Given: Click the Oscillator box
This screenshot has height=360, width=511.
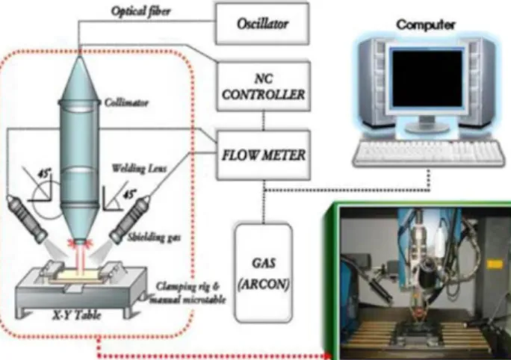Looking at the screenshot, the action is click(x=262, y=23).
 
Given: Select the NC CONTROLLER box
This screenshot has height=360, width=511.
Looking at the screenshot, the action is click(x=263, y=87).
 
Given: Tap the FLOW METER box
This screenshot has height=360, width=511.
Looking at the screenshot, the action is click(x=263, y=155).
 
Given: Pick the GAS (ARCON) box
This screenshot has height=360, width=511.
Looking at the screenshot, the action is click(x=263, y=273).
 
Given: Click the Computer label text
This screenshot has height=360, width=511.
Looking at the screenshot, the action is click(x=425, y=25).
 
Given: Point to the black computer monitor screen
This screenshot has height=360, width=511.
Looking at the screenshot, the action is click(x=427, y=78).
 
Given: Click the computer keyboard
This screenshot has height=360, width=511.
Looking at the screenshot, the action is click(x=429, y=153).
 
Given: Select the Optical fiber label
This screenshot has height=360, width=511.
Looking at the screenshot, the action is click(x=140, y=11).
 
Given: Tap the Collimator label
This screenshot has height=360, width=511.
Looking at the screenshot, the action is click(x=126, y=102).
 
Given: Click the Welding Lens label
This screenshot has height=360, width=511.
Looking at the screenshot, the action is click(x=139, y=169).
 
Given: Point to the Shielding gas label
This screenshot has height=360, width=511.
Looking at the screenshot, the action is click(x=154, y=238).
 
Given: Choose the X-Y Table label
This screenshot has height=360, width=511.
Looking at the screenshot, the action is click(x=77, y=315).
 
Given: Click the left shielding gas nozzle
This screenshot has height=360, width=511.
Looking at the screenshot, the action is click(x=27, y=218).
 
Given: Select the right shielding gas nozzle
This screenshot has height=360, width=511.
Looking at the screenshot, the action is click(x=129, y=220).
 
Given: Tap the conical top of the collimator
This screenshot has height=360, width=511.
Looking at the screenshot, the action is click(x=79, y=79).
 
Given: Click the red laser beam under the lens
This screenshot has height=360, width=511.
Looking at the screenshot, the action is click(x=80, y=259).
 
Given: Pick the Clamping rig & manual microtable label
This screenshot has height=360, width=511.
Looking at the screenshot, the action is click(x=188, y=293).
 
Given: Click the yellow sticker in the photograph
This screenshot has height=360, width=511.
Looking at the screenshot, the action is click(x=495, y=264).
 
